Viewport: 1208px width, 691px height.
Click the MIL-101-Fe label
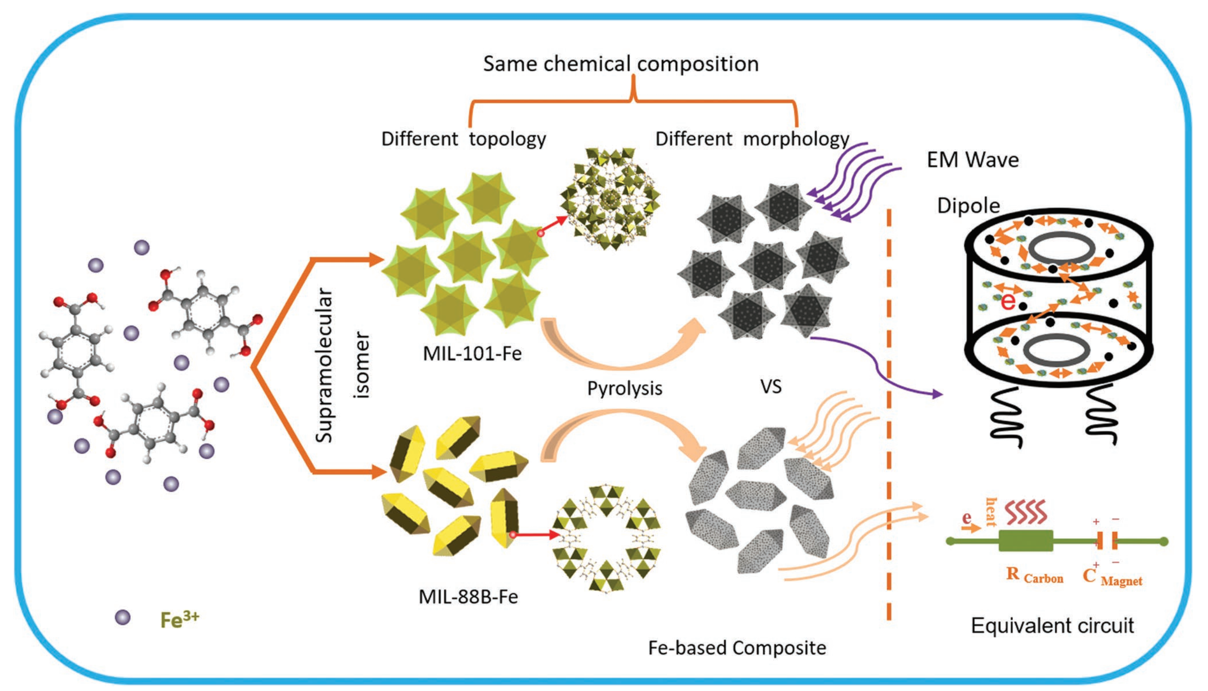[x=472, y=354]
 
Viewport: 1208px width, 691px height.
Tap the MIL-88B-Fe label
[x=468, y=597]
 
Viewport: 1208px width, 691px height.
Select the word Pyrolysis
[x=625, y=389]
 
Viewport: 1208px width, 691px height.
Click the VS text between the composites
[x=771, y=386]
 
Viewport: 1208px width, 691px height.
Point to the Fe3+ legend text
[x=179, y=620]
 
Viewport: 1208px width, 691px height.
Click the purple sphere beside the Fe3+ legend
[x=123, y=617]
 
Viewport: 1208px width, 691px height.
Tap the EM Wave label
[x=972, y=160]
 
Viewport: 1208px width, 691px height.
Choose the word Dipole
[x=968, y=206]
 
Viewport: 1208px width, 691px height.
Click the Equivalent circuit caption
[x=1052, y=626]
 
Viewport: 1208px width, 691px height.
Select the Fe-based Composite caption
[x=737, y=648]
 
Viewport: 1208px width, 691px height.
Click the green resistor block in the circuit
[x=1026, y=541]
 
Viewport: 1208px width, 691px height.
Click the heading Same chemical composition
[x=621, y=64]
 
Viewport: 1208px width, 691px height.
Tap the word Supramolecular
[x=324, y=365]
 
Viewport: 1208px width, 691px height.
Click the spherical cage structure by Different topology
[x=610, y=198]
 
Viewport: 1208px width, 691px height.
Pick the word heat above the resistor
[x=991, y=512]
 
